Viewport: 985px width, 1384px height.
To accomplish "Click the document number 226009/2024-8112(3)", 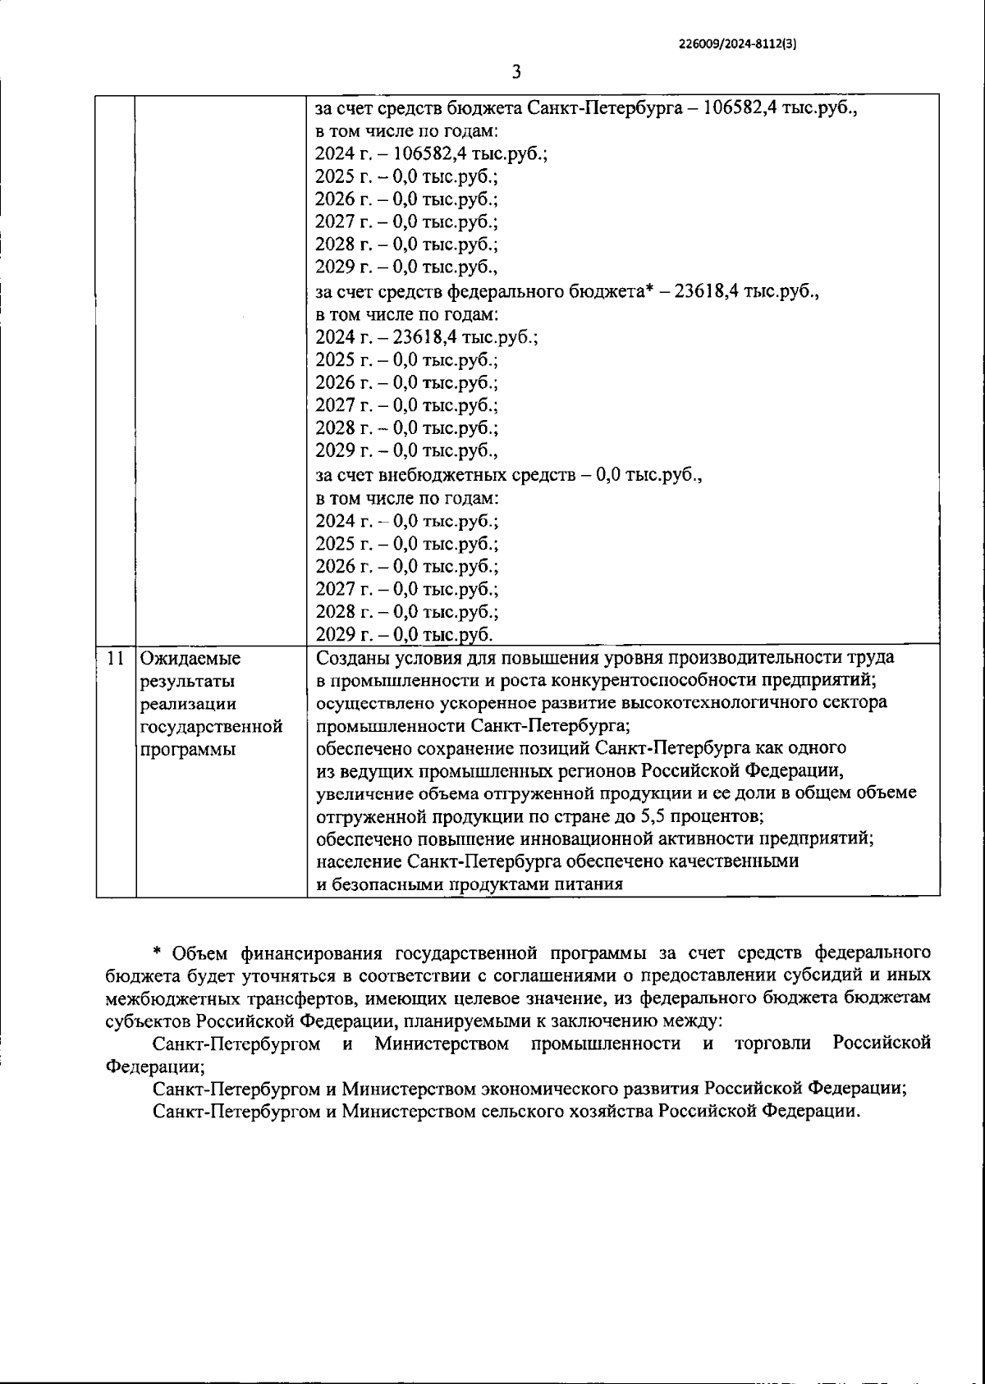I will [738, 45].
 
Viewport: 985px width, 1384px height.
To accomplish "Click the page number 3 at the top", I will [516, 72].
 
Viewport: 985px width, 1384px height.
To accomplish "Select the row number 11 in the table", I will [117, 658].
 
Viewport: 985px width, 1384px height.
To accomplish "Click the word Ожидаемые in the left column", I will [190, 658].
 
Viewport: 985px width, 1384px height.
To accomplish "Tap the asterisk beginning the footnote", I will [157, 952].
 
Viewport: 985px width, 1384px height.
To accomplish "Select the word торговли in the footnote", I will [773, 1044].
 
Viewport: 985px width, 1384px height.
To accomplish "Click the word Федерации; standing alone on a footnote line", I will [156, 1067].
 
